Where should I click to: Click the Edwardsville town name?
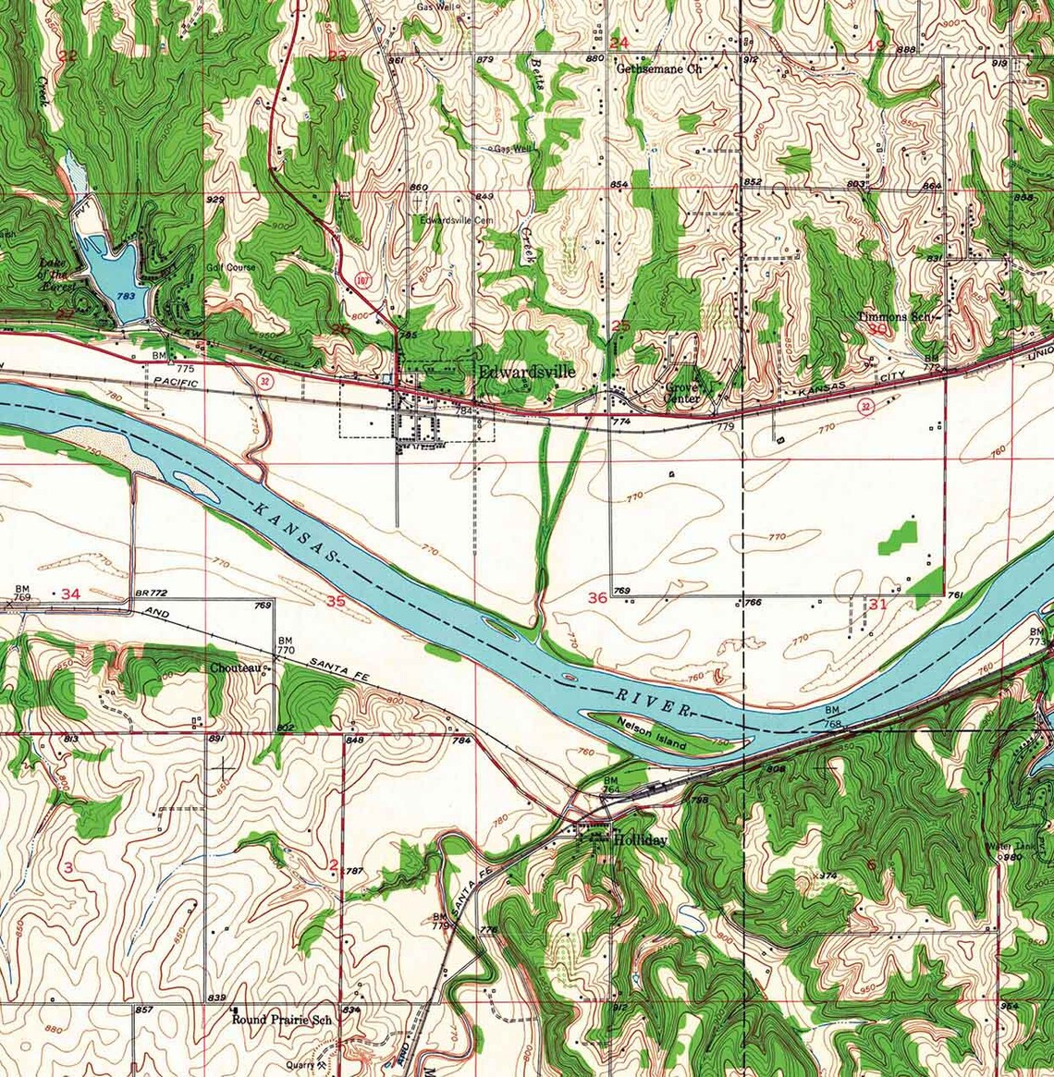pos(527,372)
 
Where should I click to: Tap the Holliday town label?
pos(640,840)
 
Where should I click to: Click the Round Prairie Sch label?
pos(282,1020)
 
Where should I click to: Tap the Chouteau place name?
pos(235,667)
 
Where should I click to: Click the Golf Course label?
pos(231,267)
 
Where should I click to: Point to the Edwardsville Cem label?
pos(453,221)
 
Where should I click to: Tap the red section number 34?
pos(71,594)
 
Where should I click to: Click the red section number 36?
pos(597,597)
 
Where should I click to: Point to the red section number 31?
pos(877,605)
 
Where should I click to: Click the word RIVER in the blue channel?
pos(653,702)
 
